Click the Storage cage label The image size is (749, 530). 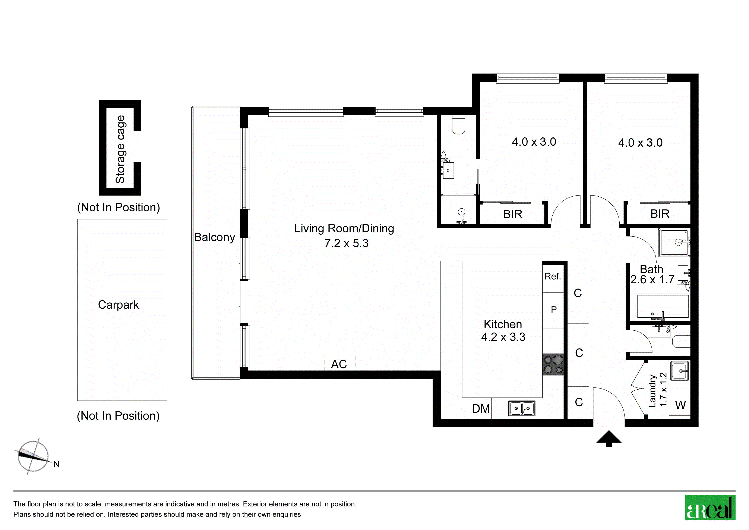(120, 149)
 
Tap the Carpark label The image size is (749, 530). (118, 305)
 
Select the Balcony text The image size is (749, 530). (214, 237)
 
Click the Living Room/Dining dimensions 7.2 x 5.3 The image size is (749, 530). (347, 243)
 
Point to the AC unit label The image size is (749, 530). (339, 364)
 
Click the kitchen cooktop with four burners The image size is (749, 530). (553, 364)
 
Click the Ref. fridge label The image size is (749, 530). (553, 277)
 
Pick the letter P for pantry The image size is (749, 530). (554, 310)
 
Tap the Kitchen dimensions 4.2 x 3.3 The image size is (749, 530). (503, 337)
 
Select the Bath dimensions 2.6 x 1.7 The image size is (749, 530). (652, 280)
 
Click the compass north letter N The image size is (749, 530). (56, 464)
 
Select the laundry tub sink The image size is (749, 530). (680, 371)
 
